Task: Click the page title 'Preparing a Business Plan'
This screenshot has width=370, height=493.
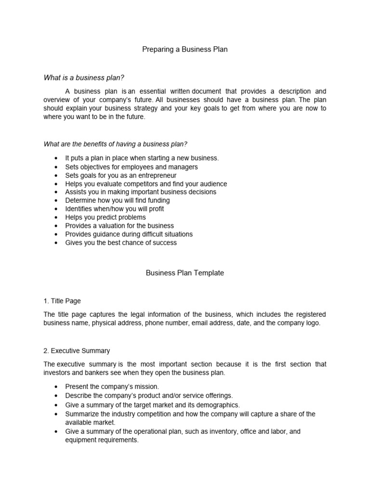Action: click(185, 50)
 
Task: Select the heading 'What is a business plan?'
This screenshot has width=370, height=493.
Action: click(87, 78)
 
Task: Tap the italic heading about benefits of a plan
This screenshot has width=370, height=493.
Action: click(116, 143)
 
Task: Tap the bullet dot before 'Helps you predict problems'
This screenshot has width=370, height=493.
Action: click(57, 218)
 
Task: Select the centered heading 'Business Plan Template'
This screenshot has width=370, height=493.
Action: click(185, 273)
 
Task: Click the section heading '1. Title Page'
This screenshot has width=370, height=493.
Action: click(62, 301)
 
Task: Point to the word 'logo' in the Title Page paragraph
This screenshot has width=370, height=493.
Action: click(312, 323)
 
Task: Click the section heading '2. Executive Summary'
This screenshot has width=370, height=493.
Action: click(77, 350)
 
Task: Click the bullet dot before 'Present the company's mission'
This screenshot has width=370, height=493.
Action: click(57, 387)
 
